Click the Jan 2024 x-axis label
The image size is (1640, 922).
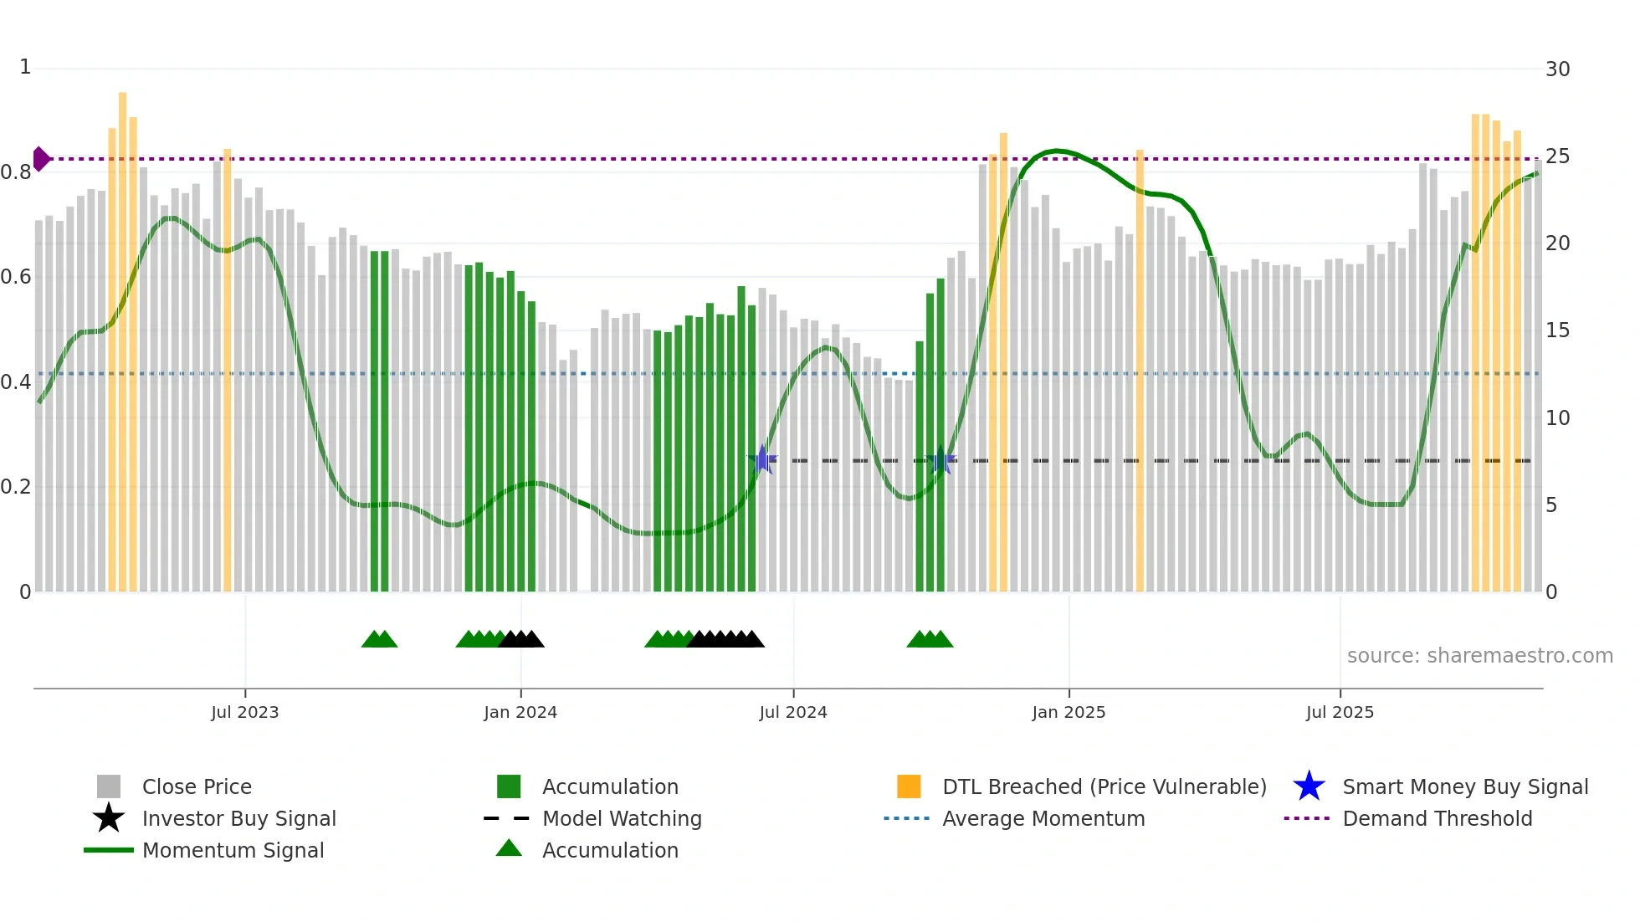pos(520,712)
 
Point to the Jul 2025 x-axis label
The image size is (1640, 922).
pos(1340,712)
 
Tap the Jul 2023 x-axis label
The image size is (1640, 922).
pos(244,712)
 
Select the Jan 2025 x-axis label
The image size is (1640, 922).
pos(1069,712)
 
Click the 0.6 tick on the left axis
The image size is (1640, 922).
pos(16,277)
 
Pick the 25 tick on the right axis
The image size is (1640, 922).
pos(1557,156)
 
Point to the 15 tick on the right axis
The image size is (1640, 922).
pos(1557,330)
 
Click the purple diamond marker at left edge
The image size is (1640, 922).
pos(41,158)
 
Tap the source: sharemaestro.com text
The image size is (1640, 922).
pos(1479,656)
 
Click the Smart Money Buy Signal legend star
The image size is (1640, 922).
pos(1309,786)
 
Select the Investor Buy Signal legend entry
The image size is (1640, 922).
pos(238,818)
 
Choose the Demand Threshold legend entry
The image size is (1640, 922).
pos(1437,818)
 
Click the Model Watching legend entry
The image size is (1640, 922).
pos(622,818)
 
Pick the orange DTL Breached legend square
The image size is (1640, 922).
pos(909,786)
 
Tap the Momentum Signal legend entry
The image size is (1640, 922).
pos(233,850)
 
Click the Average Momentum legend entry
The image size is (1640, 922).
pos(1043,818)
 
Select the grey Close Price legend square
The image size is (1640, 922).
pos(109,786)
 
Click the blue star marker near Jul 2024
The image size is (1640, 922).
pos(762,459)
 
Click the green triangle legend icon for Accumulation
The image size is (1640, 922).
pos(509,848)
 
